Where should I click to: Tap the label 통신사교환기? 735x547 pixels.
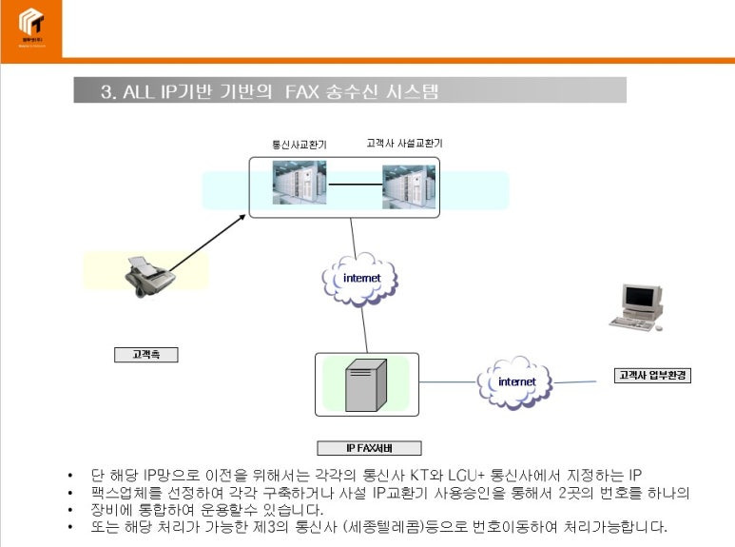[300, 145]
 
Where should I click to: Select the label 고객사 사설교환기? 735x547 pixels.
[404, 144]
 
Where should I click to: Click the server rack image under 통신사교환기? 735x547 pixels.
[300, 184]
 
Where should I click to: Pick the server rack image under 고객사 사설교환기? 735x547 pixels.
[409, 186]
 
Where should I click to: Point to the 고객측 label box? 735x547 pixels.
[146, 355]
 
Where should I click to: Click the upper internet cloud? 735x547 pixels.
[360, 277]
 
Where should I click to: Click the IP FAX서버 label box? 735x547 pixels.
[368, 448]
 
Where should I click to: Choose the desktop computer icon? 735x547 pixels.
[636, 307]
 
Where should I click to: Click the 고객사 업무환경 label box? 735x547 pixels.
[652, 375]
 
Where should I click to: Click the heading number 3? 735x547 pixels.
[106, 91]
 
